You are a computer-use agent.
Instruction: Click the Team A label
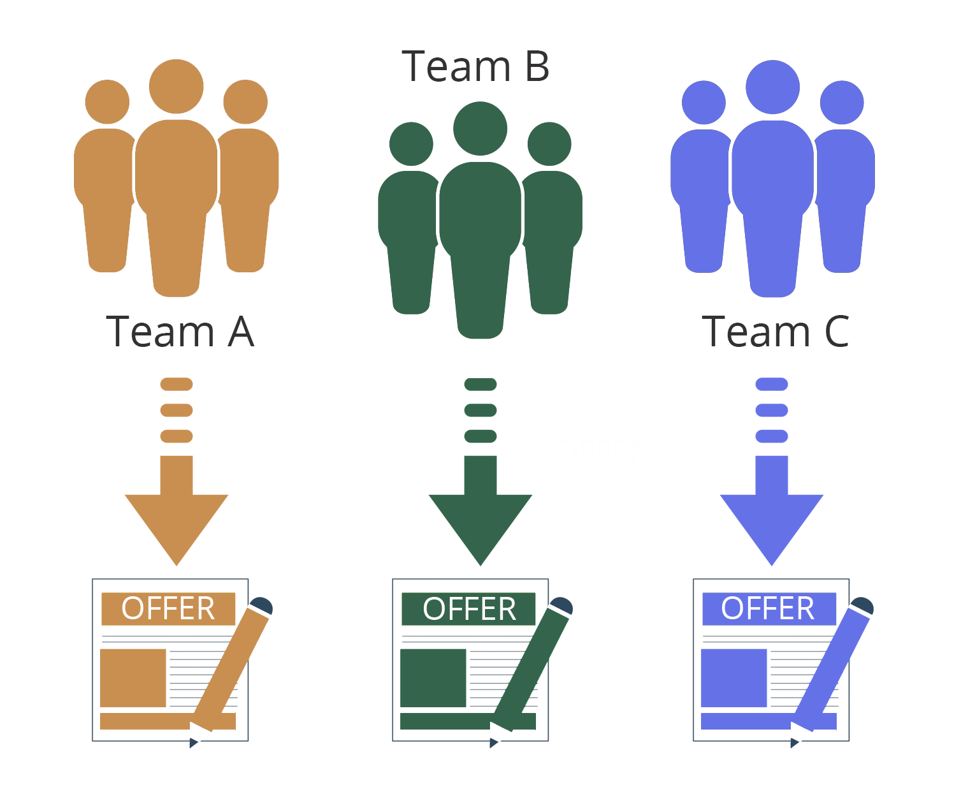pos(180,332)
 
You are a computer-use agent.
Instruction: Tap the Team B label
pos(475,66)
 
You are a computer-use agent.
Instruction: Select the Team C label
pos(775,332)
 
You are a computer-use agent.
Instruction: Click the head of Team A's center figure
pos(177,87)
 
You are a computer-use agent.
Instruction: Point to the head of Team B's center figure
pos(480,128)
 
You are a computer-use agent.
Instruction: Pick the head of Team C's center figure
pos(772,87)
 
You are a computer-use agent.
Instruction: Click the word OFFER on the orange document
pos(168,608)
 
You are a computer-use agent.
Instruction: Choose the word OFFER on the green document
pos(469,609)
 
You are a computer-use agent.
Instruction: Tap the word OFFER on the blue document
pos(768,608)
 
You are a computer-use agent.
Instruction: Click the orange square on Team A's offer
pos(133,678)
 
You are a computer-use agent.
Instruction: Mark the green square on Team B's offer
pos(433,678)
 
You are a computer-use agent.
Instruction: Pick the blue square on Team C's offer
pos(734,678)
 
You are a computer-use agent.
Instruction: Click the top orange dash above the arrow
pos(177,384)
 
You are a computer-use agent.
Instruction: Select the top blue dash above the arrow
pos(772,384)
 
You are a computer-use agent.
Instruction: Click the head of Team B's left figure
pos(411,144)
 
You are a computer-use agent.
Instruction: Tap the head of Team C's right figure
pos(842,103)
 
